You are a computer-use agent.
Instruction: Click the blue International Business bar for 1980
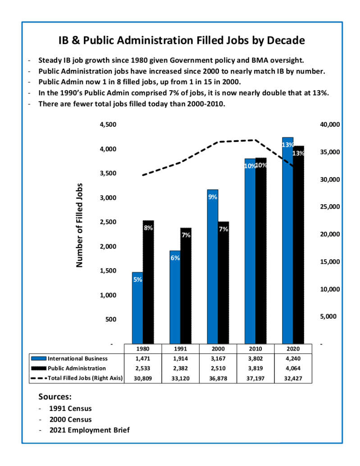tap(137, 308)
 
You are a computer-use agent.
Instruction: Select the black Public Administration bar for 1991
tap(186, 286)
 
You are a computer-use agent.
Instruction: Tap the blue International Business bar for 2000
tap(213, 267)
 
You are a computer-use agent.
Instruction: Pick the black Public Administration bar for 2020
tap(299, 245)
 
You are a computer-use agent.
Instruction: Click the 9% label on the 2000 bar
tap(213, 197)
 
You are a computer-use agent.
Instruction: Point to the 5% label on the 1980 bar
tap(137, 280)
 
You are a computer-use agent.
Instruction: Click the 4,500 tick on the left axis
tap(108, 124)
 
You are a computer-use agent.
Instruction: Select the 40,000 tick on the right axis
tap(330, 124)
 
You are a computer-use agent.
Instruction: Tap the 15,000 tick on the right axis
tap(330, 262)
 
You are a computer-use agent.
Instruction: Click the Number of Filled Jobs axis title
tap(79, 225)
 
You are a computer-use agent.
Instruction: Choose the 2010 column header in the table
tap(255, 349)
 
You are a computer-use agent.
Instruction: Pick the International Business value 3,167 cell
tap(218, 359)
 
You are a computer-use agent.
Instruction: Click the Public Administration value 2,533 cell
tap(143, 369)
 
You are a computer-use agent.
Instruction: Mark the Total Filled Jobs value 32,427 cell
tap(293, 378)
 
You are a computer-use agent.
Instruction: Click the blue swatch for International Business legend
tap(39, 359)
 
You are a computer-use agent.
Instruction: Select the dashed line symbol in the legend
tap(39, 378)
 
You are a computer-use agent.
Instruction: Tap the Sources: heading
tap(55, 397)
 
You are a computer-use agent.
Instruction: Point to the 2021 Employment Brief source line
tap(89, 430)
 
